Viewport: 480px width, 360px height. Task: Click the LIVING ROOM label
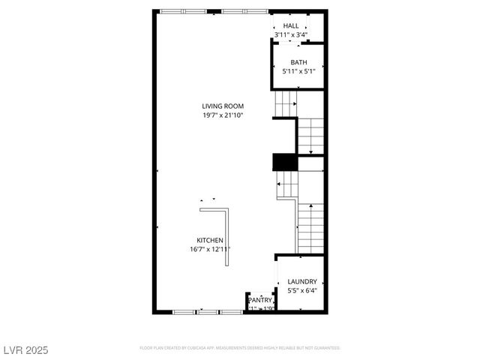tap(223, 106)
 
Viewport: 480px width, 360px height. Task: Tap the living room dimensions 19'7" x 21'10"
tap(223, 115)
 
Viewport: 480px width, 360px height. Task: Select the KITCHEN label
tap(211, 240)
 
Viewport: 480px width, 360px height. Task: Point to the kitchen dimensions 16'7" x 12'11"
tap(211, 249)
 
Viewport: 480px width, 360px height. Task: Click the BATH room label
tap(298, 62)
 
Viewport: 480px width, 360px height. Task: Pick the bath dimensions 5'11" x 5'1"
tap(298, 72)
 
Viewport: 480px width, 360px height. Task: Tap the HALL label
tap(291, 26)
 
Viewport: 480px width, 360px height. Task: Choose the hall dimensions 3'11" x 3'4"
tap(291, 35)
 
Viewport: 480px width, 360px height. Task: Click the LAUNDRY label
tap(302, 282)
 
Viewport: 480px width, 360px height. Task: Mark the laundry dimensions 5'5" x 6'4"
tap(302, 291)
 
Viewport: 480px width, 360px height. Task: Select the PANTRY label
tap(260, 300)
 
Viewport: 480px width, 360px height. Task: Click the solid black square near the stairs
tap(285, 162)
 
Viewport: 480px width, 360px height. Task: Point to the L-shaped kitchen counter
tap(227, 225)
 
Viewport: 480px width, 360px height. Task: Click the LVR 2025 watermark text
tap(25, 349)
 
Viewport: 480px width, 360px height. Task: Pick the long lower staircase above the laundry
tap(310, 226)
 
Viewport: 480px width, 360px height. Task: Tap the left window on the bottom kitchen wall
tap(185, 311)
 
